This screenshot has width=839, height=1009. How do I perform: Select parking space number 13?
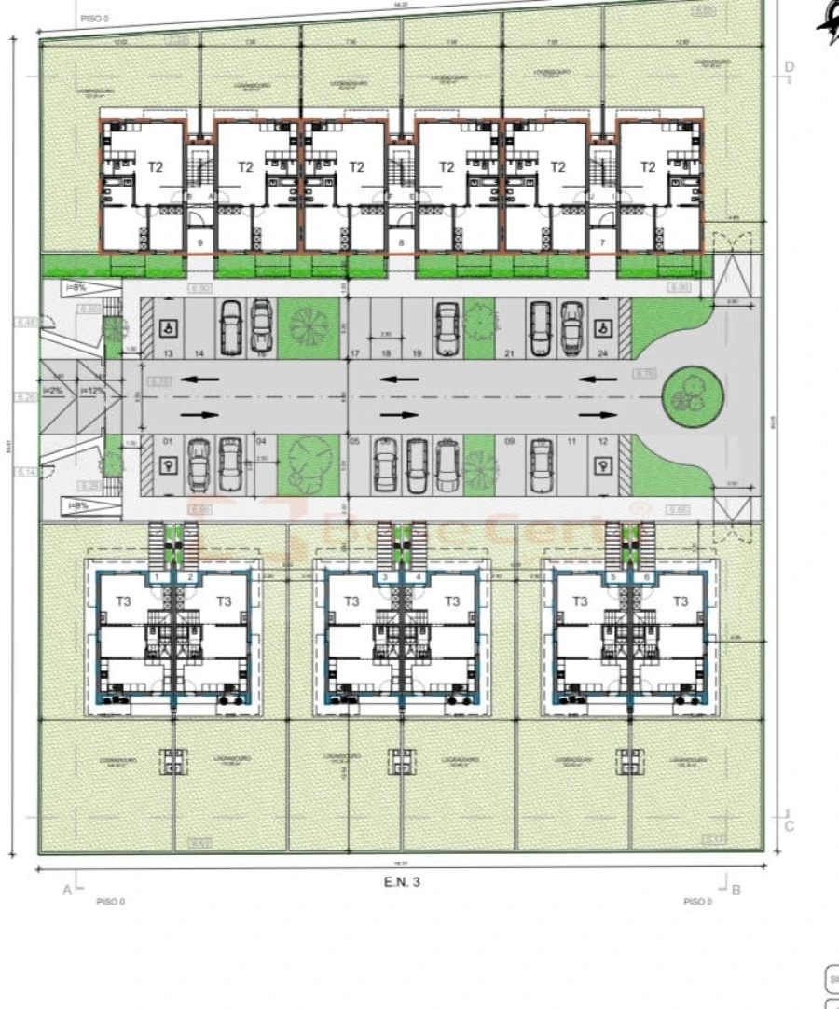169,354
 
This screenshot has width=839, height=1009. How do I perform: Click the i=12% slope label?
94,391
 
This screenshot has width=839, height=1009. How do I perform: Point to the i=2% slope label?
53,391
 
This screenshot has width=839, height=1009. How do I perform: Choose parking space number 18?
386,354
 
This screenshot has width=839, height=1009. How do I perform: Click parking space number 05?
354,441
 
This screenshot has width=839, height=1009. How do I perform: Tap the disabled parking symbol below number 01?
170,469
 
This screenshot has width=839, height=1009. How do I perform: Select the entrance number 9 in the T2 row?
200,242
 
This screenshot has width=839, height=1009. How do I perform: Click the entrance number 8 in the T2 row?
402,242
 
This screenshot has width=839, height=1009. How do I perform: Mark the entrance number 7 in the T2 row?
602,242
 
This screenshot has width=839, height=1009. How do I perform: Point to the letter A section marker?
67,890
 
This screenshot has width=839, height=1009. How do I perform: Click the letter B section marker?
736,890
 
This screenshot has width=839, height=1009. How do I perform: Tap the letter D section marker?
789,66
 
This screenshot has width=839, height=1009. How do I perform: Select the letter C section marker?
790,825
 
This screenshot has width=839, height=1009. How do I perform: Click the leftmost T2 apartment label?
156,167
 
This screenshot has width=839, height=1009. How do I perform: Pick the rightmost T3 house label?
681,601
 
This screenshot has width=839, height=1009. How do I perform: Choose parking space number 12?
603,441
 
